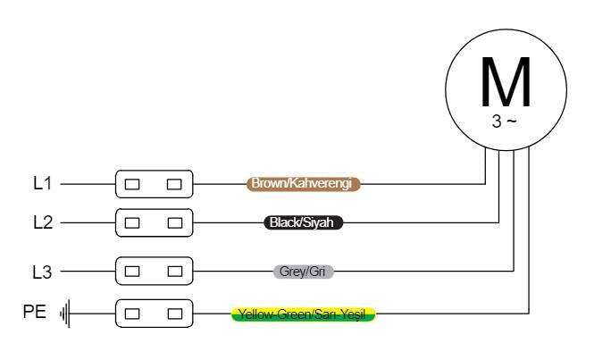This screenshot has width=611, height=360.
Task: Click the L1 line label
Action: tap(43, 183)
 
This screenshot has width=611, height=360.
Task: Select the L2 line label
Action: tap(43, 222)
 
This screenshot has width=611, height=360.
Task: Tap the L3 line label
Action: tap(42, 272)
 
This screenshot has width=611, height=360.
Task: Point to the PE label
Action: tap(35, 312)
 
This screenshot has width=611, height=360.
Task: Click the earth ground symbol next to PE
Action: tap(65, 314)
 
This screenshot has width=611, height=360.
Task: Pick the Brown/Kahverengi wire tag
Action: tap(303, 183)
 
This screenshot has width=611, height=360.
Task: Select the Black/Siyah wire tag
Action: tap(303, 222)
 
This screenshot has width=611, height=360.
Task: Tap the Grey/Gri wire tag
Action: tap(303, 272)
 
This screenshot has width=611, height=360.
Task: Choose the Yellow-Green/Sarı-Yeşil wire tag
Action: tap(303, 314)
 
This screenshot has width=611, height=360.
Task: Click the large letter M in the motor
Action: tap(506, 81)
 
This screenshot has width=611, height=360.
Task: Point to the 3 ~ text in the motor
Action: tap(504, 121)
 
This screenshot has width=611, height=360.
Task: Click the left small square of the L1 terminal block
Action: tap(132, 184)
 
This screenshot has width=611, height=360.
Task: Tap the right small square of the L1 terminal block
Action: tap(174, 184)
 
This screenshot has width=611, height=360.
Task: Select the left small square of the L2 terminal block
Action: tap(132, 222)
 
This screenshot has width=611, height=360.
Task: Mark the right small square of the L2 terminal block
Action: tap(174, 222)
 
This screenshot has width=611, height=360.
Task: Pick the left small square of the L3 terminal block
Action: tap(132, 272)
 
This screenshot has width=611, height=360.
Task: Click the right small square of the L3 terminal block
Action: tap(174, 272)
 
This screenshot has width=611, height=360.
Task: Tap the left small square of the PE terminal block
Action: tap(132, 314)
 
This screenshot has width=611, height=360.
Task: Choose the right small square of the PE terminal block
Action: tap(174, 314)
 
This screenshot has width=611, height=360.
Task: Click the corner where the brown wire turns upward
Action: tap(485, 184)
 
